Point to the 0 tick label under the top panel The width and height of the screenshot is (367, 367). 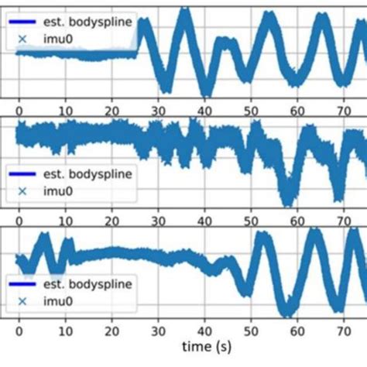click(19, 108)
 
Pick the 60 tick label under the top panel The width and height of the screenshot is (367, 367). click(298, 108)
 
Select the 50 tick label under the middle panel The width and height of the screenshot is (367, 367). click(252, 218)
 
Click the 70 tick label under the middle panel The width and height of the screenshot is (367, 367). click(344, 218)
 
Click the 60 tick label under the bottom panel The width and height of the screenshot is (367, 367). click(298, 329)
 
